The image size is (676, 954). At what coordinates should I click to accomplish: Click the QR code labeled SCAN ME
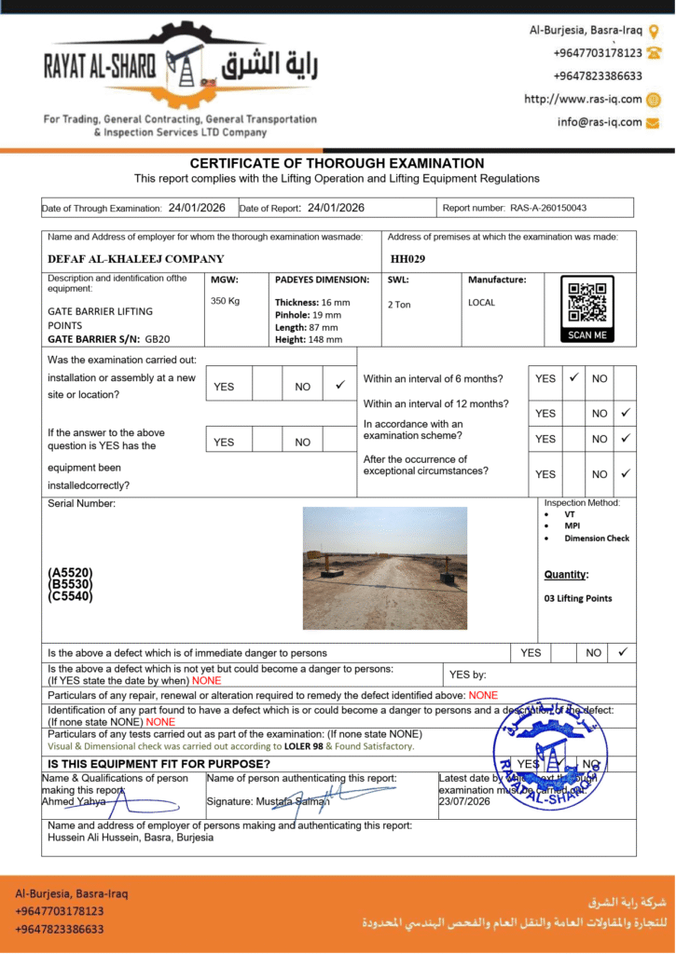pyautogui.click(x=587, y=308)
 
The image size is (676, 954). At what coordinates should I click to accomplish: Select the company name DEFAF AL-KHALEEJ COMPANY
pyautogui.click(x=136, y=259)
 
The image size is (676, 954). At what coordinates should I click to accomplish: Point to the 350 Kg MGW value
pyautogui.click(x=226, y=301)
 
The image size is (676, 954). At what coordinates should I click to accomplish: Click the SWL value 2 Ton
pyautogui.click(x=399, y=305)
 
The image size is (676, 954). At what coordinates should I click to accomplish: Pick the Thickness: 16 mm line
pyautogui.click(x=312, y=303)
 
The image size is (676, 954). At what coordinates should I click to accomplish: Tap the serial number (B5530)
pyautogui.click(x=70, y=584)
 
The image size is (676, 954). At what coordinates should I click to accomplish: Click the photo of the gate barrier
pyautogui.click(x=384, y=567)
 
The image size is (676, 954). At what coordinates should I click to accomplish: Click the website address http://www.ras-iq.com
pyautogui.click(x=583, y=99)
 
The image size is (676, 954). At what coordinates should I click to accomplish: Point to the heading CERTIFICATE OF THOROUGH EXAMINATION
pyautogui.click(x=337, y=163)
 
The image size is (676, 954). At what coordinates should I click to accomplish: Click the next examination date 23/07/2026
pyautogui.click(x=464, y=801)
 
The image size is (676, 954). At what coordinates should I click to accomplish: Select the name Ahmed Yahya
pyautogui.click(x=73, y=801)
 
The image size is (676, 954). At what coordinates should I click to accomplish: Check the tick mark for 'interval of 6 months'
pyautogui.click(x=574, y=377)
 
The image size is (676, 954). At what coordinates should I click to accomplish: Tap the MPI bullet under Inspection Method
pyautogui.click(x=572, y=525)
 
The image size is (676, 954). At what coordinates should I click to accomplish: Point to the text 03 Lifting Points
pyautogui.click(x=578, y=598)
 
